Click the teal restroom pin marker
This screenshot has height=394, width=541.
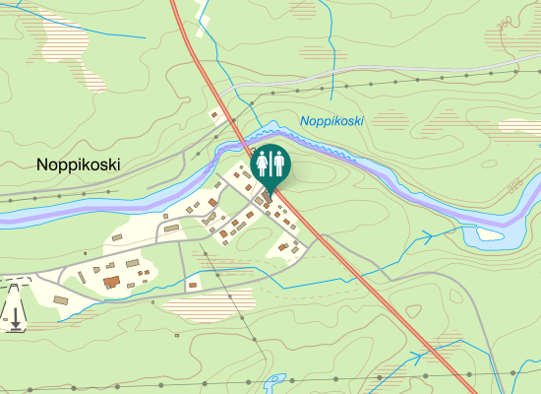click(270, 164)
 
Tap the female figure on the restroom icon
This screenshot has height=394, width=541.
click(263, 163)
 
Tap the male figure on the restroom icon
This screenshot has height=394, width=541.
click(278, 163)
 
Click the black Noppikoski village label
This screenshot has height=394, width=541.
click(78, 164)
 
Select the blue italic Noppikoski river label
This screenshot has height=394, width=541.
click(332, 121)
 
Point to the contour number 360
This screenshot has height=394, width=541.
click(505, 23)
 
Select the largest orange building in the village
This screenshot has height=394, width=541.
click(111, 282)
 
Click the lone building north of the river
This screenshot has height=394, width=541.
click(214, 115)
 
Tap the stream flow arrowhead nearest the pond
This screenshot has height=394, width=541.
click(428, 235)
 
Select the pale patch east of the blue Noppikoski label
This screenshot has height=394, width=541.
click(518, 126)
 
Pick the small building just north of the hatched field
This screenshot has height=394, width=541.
click(193, 285)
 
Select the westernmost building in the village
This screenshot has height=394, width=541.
click(61, 298)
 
